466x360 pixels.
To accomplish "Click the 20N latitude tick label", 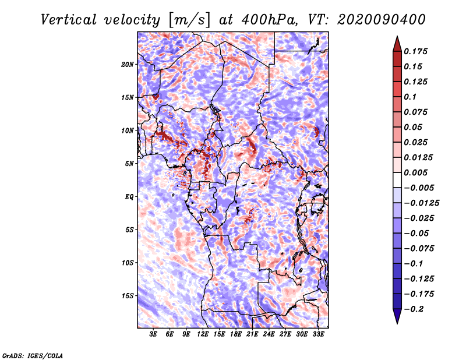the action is coord(128,65).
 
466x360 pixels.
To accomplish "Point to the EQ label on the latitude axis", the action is coord(129,197).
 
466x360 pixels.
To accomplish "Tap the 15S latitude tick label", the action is coord(128,296).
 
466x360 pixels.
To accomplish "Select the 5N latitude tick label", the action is coord(129,164).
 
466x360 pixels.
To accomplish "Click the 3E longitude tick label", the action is coord(153,334).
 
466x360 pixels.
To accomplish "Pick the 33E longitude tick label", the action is coord(318,334).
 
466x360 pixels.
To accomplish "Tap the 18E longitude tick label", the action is coord(236,334).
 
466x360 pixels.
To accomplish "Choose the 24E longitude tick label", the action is coord(269,334).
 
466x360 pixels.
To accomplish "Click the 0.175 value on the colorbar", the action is coord(415,51).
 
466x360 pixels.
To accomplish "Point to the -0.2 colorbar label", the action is coord(414,309).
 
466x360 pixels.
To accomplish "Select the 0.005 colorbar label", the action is coord(415,172).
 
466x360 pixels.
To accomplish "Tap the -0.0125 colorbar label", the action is coord(421,203).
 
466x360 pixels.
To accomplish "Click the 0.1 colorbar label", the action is coord(410,97).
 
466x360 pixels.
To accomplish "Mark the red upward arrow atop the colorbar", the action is coord(397,44).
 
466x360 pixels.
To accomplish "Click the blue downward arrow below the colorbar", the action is coord(397,316).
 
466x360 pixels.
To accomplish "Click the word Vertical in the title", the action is coord(68,20).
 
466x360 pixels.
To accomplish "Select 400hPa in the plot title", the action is coord(269,20).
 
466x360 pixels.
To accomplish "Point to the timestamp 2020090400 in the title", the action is coord(381,20).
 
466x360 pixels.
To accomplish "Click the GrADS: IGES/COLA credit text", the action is coord(33,356).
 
